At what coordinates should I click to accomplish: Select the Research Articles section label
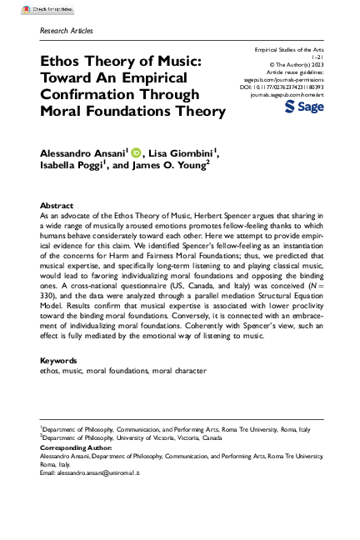click(66, 31)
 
